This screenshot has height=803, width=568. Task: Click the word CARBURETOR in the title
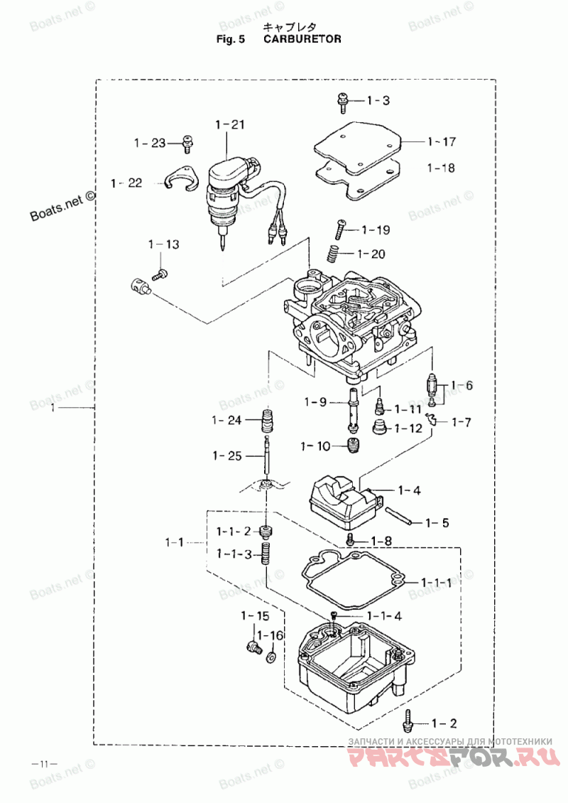(302, 39)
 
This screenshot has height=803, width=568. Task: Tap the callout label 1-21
(230, 124)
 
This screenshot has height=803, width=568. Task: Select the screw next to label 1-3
(342, 102)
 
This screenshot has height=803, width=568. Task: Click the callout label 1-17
(441, 141)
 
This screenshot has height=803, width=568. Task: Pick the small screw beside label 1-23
(188, 144)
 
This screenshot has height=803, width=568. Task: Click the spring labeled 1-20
(334, 254)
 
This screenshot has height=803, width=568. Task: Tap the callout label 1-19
(376, 230)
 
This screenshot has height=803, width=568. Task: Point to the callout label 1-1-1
(437, 582)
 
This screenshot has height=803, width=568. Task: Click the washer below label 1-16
(271, 655)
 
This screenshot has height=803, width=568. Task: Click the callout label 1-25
(227, 456)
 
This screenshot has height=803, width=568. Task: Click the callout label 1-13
(164, 244)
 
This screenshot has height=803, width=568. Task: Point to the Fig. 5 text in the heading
(231, 39)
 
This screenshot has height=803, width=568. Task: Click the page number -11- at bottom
(45, 764)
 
